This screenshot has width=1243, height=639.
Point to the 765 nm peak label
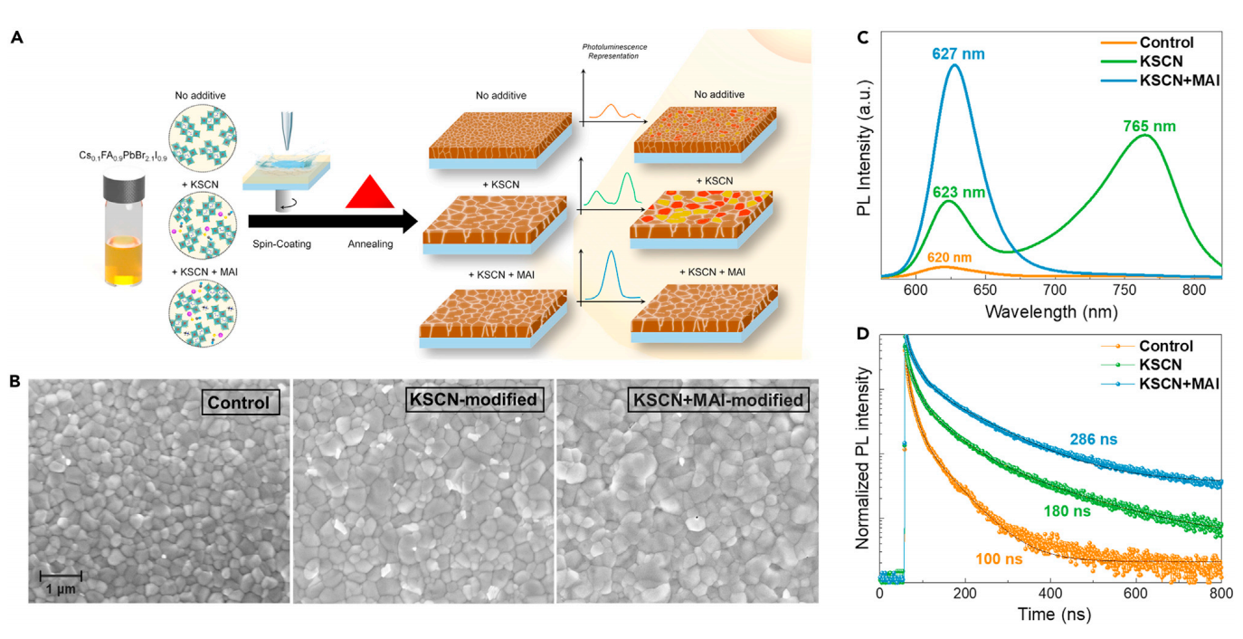pos(1151,126)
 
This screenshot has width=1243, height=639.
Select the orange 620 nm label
pos(949,257)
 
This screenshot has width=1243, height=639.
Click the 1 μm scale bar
pos(62,574)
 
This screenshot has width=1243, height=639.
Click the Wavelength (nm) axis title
pos(1049,312)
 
